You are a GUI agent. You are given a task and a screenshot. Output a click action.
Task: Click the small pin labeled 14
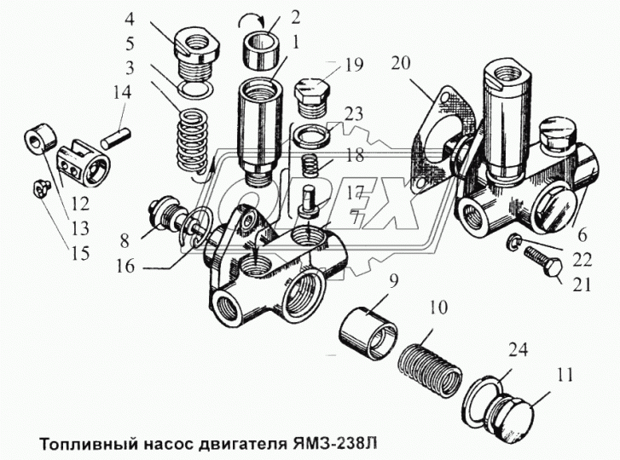coord(117,134)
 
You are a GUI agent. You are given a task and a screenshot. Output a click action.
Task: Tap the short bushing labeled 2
coord(261,43)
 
